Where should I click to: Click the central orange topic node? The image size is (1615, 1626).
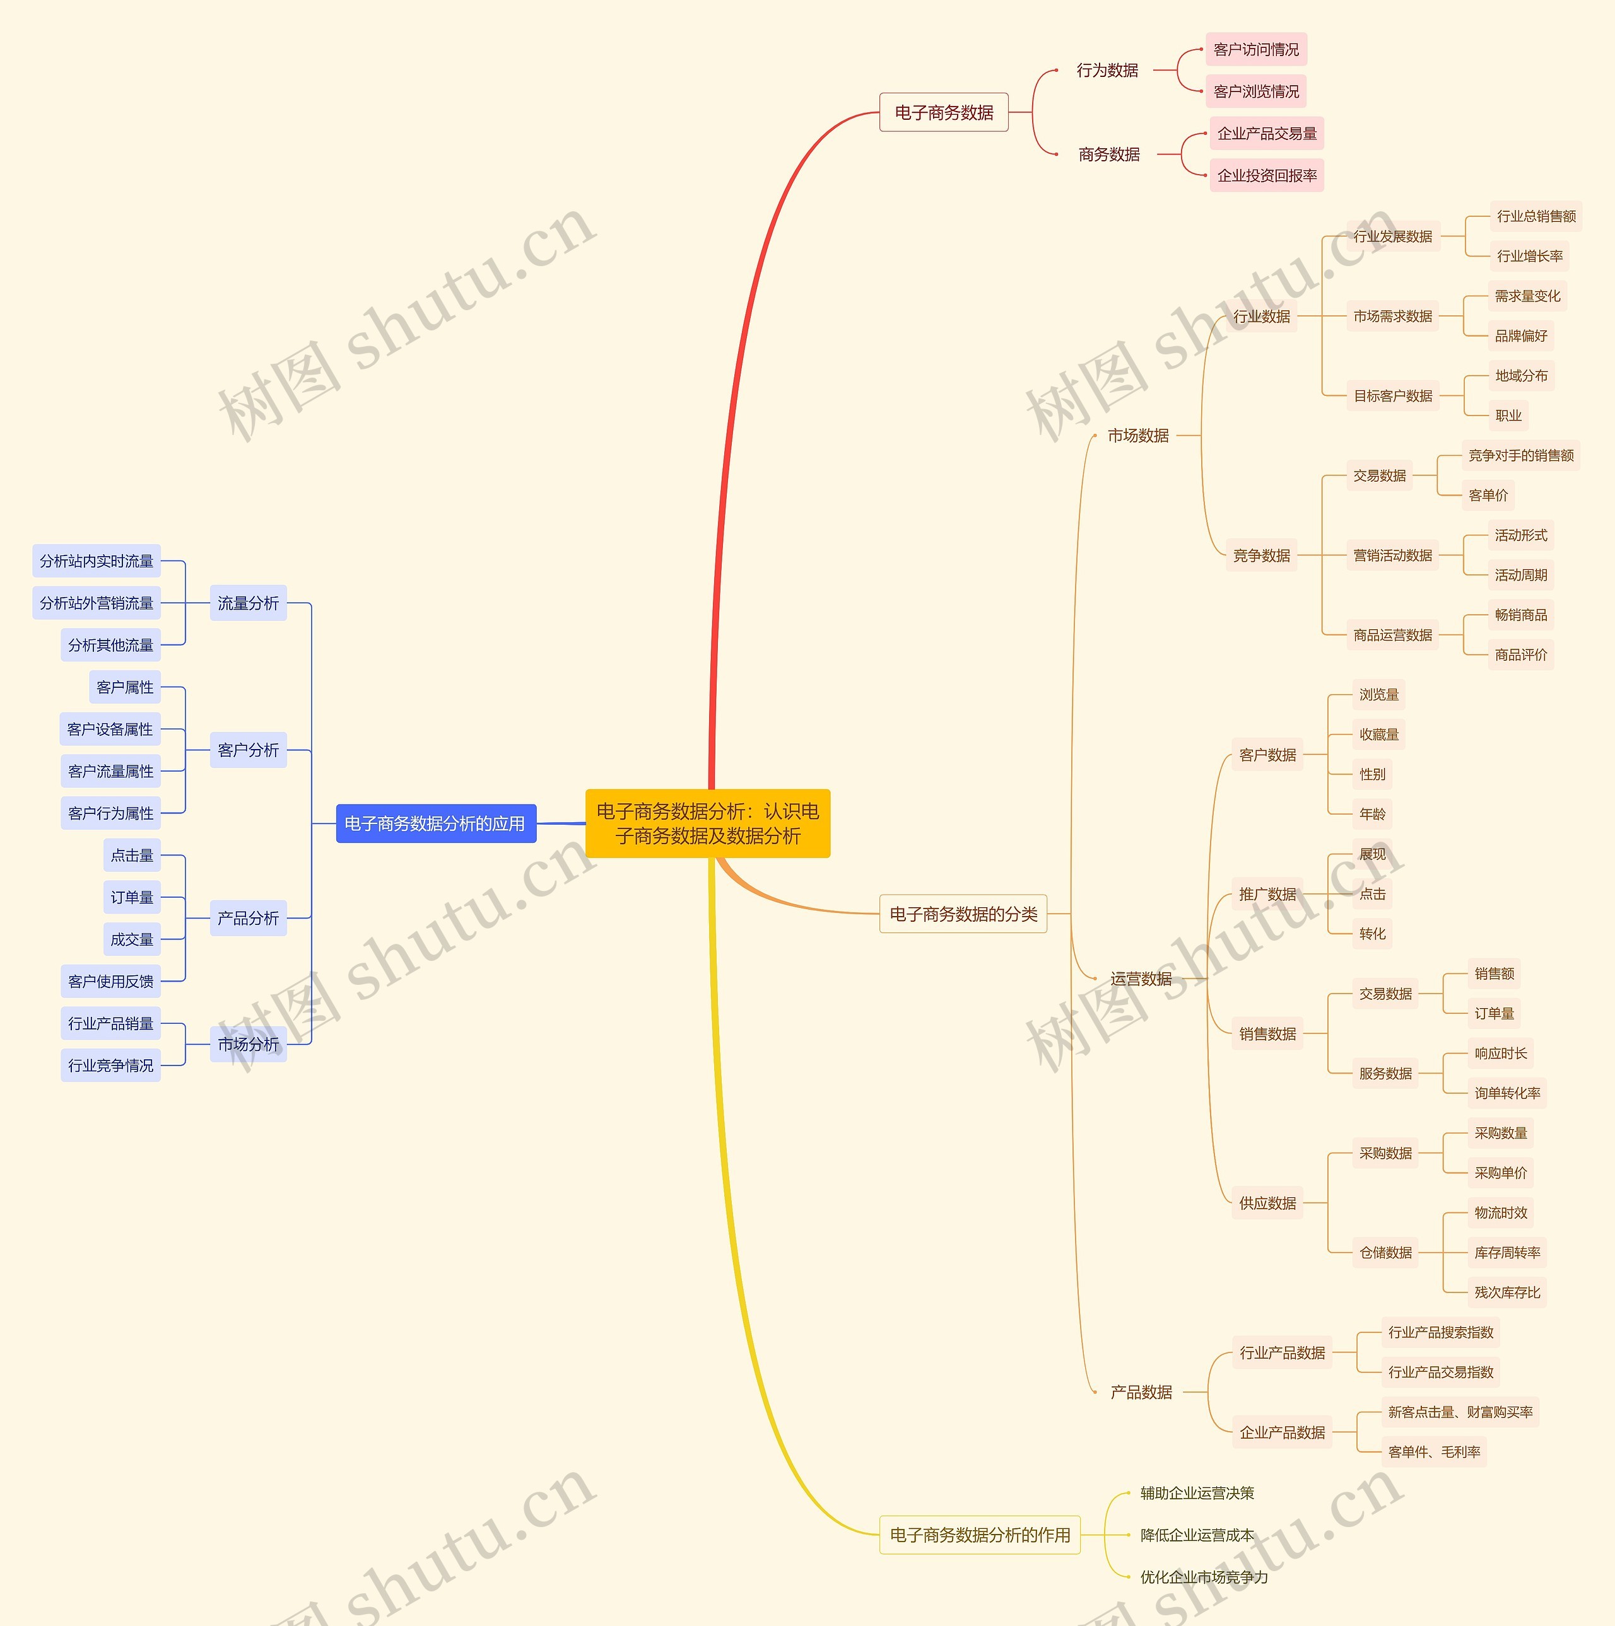707,823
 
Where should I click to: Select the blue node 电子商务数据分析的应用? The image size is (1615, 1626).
435,823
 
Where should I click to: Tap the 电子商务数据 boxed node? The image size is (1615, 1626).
943,112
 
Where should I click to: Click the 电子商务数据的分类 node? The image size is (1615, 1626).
963,913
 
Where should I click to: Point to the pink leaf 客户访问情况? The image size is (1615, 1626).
1255,50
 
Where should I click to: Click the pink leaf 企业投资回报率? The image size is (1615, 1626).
1266,175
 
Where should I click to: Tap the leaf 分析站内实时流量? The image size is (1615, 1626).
96,560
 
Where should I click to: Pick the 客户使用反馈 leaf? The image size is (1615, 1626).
110,980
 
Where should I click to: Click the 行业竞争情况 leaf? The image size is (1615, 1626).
110,1065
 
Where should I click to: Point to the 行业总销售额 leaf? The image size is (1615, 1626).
1536,216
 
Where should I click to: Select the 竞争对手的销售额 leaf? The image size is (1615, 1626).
1521,455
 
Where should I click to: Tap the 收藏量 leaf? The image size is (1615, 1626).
1378,734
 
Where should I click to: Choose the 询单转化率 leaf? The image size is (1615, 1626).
1506,1093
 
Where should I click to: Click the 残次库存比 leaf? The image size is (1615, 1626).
1506,1292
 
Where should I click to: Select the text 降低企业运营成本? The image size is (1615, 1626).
1197,1534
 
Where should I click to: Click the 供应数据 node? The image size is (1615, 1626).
1267,1203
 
